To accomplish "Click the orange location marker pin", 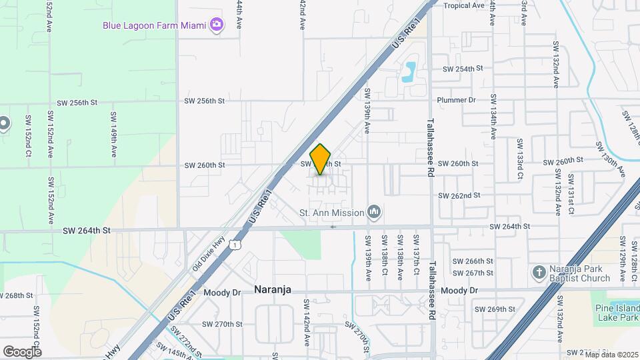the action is pos(321,159).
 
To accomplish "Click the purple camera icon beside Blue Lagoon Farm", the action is pos(216,25).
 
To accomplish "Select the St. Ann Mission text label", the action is pos(331,213).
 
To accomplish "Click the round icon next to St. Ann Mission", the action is pos(374,213).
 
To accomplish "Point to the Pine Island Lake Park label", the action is pos(617,315).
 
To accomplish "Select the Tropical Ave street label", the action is pos(464,5).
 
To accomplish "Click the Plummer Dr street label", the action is pos(457,100).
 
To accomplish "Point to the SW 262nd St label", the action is pos(459,195).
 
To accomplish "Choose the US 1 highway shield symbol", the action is pos(234,245).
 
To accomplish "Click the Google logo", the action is pos(22,351).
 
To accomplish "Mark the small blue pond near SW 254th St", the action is pos(409,70).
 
